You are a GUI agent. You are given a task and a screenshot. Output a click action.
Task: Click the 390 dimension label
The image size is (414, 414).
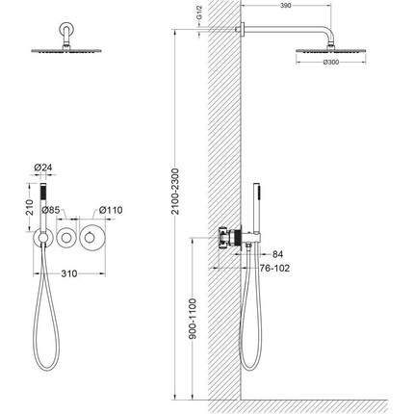[286, 6]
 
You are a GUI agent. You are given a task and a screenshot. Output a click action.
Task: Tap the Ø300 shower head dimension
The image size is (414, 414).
[331, 63]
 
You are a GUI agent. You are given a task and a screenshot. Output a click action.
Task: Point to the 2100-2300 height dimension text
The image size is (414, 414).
[175, 191]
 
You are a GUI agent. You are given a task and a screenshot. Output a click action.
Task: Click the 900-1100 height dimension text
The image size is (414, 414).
[193, 319]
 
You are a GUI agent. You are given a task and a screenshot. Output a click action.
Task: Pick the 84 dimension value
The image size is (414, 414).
[277, 254]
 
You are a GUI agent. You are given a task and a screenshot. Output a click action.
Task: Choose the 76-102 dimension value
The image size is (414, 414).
[274, 268]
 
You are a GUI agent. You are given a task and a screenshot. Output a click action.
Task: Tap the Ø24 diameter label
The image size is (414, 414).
[43, 168]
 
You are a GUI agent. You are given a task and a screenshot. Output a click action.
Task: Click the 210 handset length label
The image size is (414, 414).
[30, 207]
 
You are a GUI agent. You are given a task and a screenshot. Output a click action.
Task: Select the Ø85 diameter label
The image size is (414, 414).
[51, 210]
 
